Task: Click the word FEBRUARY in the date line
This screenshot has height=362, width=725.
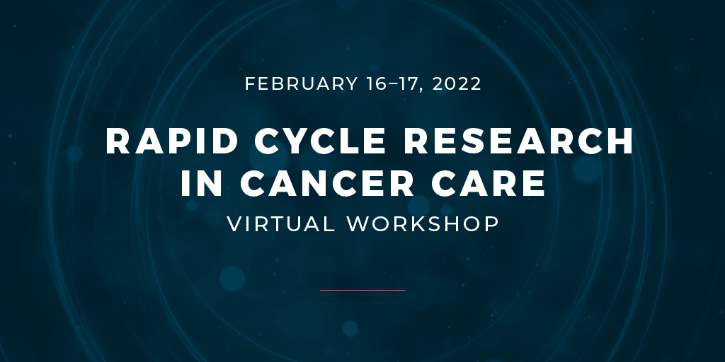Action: tap(302, 84)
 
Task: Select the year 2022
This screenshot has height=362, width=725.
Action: tap(457, 84)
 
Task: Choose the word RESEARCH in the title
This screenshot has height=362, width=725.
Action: tap(518, 141)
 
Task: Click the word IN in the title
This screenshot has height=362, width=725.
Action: tap(202, 183)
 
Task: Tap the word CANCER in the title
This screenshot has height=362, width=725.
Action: tap(327, 183)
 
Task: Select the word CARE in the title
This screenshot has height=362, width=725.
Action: tap(489, 183)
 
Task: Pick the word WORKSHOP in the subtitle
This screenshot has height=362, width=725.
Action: tap(423, 223)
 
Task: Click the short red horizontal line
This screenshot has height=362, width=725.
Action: tap(362, 290)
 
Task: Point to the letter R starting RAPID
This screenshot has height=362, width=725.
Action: tap(118, 141)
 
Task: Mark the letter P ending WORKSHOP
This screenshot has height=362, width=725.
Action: tap(493, 223)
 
